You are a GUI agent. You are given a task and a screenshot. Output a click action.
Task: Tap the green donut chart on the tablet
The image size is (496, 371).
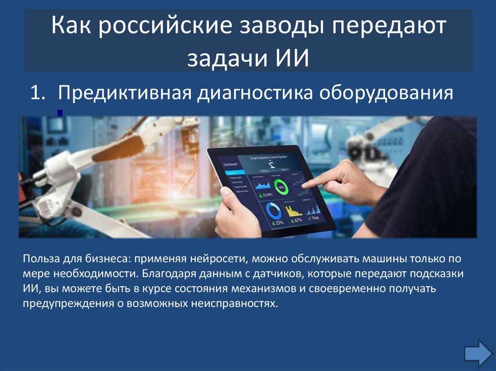point(280,186)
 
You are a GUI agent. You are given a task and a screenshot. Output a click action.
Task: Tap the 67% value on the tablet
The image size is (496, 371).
point(297,220)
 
